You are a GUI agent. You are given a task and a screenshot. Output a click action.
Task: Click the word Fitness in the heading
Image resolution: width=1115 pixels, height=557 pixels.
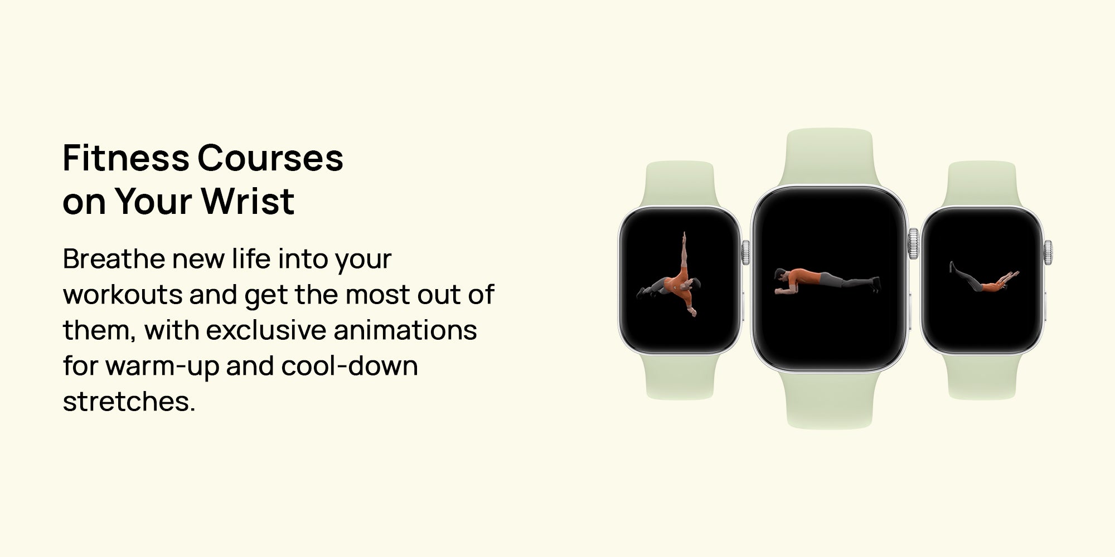[126, 158]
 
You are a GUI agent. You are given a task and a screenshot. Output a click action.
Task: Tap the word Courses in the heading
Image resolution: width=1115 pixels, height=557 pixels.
[270, 158]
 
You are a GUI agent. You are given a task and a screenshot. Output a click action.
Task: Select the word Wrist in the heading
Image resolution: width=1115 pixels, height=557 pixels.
[248, 201]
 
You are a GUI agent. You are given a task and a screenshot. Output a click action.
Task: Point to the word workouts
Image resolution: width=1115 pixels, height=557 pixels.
[123, 295]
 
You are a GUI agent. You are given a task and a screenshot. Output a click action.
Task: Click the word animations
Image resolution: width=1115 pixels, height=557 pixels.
[405, 330]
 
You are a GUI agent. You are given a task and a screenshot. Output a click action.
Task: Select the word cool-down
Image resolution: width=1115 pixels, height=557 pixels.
[350, 366]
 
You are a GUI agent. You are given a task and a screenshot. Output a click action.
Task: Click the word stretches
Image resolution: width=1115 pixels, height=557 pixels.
[129, 402]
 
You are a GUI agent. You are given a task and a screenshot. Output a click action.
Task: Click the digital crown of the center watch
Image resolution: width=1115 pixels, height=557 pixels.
[913, 243]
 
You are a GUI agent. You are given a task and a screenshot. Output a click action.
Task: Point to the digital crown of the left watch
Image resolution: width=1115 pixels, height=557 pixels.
[745, 252]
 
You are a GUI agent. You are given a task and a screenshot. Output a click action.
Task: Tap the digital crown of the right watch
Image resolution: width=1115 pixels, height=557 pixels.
[1048, 252]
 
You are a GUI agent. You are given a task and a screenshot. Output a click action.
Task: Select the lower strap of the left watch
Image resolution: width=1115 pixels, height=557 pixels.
[680, 377]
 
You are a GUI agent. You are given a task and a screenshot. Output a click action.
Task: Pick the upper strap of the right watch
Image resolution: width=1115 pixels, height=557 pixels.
[982, 184]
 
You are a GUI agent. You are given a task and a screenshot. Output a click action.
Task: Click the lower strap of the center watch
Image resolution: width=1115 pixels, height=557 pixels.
[829, 399]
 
